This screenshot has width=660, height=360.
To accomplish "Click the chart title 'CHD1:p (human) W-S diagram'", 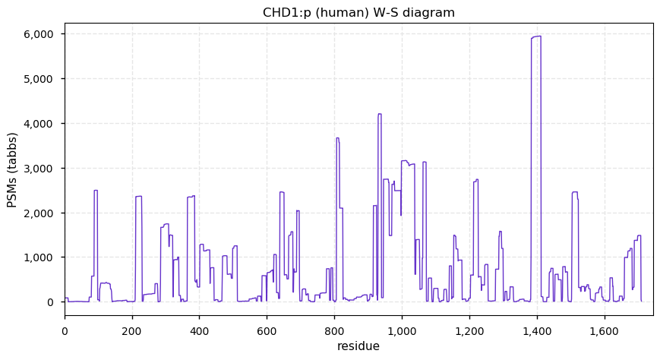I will click(x=358, y=12).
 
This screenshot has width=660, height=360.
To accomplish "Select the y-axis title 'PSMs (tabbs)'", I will click(x=12, y=169).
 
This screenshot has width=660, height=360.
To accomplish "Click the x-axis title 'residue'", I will click(x=358, y=346).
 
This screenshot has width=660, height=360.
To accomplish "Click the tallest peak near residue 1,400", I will click(x=536, y=37).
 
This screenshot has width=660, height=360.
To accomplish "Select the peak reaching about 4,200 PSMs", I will click(x=380, y=115).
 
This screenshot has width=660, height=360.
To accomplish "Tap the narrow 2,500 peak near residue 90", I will click(x=96, y=191).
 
